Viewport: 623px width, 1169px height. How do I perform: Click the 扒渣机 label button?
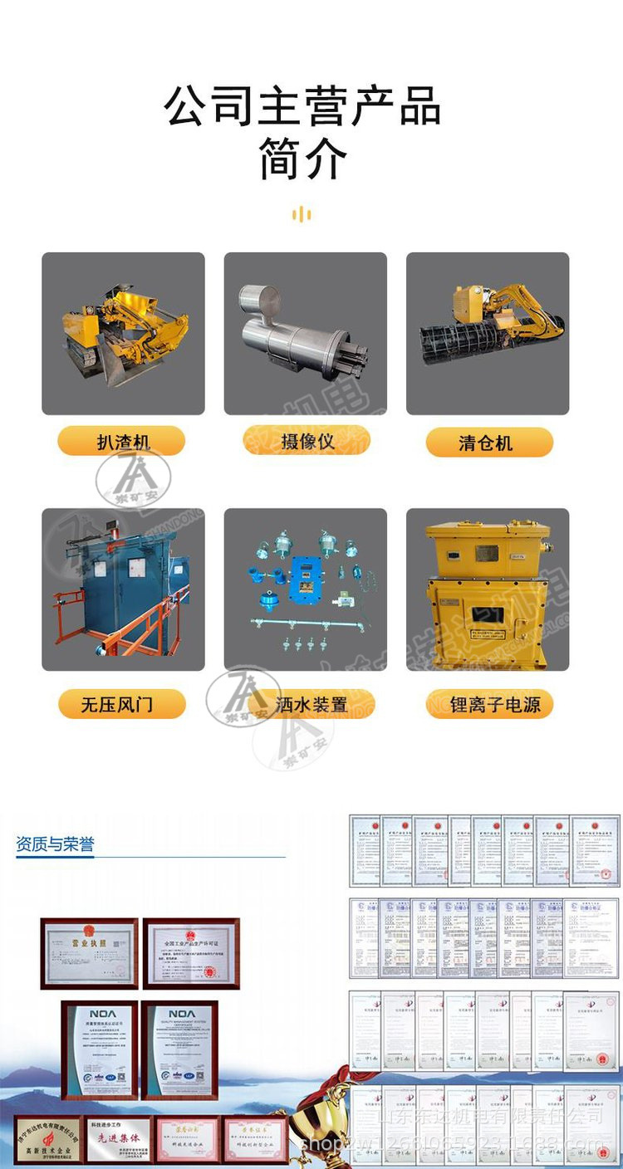[121, 441]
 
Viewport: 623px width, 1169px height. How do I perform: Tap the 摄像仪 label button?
[307, 440]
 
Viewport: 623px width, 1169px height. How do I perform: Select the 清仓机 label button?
[488, 442]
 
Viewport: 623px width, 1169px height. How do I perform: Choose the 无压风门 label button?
[121, 705]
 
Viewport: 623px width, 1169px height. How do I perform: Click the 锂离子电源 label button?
[489, 705]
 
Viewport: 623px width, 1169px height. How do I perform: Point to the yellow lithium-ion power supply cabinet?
[487, 589]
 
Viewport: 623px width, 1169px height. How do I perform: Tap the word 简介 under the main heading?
[302, 159]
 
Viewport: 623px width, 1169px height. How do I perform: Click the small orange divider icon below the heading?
[302, 215]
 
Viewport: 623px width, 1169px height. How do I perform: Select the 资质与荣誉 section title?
[55, 845]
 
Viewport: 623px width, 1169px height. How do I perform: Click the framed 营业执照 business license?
[90, 953]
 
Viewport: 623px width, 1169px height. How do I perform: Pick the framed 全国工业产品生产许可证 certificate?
[191, 953]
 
